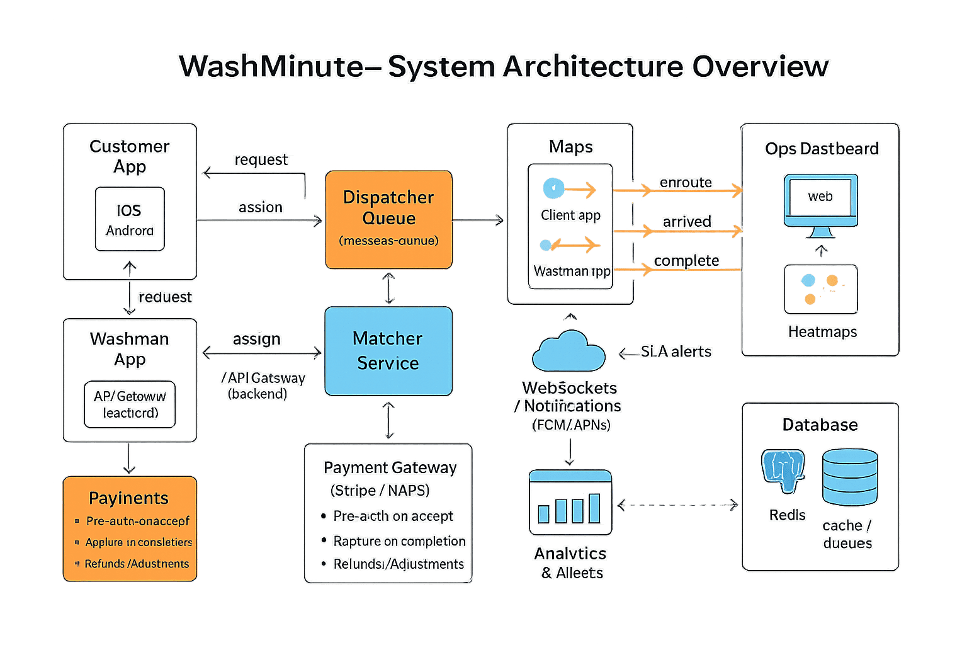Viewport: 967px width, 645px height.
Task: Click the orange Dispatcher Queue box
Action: point(388,219)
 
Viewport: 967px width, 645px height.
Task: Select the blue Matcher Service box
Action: point(388,351)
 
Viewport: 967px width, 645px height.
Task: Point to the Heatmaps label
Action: point(822,332)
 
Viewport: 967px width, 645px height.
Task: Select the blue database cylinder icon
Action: point(849,477)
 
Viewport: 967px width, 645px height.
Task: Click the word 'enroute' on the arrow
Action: point(686,183)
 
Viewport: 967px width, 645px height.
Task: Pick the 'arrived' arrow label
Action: point(687,222)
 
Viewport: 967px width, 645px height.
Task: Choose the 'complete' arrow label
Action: point(686,261)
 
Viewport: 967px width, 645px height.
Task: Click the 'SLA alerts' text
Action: point(676,351)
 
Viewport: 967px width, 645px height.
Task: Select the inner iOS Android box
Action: point(130,219)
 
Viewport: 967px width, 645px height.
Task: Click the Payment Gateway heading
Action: point(390,467)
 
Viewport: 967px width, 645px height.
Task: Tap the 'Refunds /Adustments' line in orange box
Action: point(137,564)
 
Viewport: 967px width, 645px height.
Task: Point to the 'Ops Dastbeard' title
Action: point(822,149)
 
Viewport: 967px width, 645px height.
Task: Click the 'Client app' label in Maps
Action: point(570,215)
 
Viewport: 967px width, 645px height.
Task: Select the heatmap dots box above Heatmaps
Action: point(820,289)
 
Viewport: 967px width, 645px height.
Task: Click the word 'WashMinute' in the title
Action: point(271,66)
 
